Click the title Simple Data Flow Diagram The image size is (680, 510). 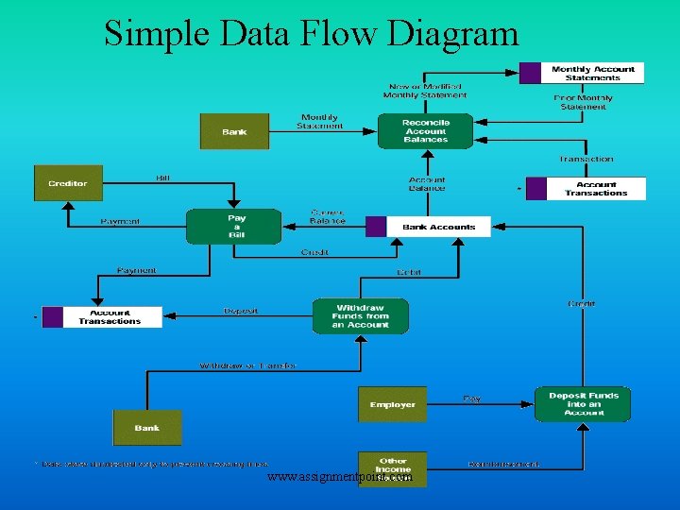[312, 33]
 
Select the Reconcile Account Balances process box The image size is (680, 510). [425, 131]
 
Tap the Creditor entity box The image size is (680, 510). [68, 183]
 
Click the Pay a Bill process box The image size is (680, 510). [233, 227]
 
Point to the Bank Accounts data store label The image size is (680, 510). [439, 227]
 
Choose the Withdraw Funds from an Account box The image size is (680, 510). [361, 316]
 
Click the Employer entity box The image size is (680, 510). [392, 404]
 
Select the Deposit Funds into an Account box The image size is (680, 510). [583, 404]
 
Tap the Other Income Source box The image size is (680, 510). [392, 468]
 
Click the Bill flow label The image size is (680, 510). [163, 178]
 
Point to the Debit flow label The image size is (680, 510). [408, 272]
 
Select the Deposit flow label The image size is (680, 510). [242, 310]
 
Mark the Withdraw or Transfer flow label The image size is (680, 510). [247, 365]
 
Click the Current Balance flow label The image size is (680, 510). [328, 216]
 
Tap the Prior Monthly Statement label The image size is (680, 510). [584, 101]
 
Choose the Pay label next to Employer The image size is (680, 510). [471, 399]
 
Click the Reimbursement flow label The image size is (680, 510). [505, 464]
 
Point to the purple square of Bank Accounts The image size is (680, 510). [376, 227]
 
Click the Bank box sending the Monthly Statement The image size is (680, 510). [234, 131]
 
